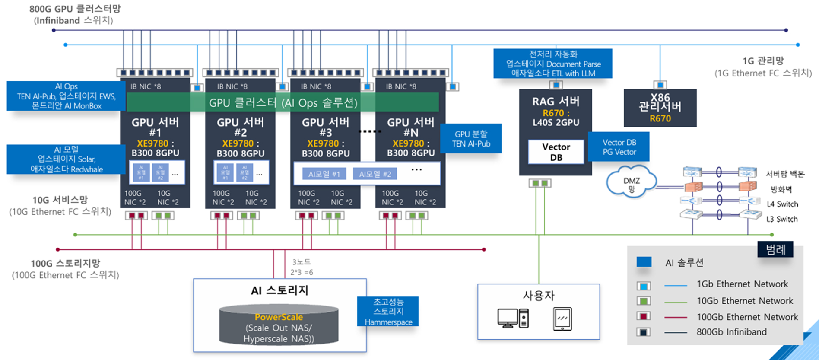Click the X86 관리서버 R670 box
660,108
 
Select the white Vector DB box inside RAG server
556,152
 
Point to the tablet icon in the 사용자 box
562,319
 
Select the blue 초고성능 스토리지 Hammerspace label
388,311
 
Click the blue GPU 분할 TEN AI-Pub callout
471,139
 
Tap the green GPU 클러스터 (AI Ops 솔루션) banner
283,103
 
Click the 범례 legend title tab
775,249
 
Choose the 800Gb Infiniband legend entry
731,332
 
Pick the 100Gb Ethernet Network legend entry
747,317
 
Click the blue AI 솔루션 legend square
644,262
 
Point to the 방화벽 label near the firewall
781,189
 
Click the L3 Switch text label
782,219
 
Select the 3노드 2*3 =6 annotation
302,267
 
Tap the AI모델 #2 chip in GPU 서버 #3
375,174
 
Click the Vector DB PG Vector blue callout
619,147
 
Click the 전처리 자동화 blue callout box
553,64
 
